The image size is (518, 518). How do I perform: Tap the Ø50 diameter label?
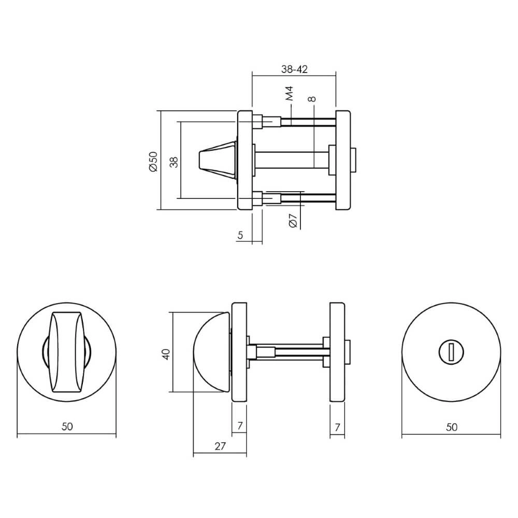(x=153, y=161)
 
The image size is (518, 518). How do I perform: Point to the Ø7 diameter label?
(x=292, y=221)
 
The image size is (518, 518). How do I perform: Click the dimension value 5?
(x=240, y=235)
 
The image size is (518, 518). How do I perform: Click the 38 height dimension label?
(x=174, y=162)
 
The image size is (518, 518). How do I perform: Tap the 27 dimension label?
(x=220, y=447)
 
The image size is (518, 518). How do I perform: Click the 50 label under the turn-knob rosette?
(x=67, y=427)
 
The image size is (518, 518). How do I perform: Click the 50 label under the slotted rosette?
(x=452, y=427)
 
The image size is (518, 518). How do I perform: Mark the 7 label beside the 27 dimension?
(x=240, y=427)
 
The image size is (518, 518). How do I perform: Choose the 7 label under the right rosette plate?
(x=337, y=427)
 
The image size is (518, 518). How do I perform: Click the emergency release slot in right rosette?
(x=451, y=353)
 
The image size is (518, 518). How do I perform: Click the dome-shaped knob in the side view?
(x=210, y=352)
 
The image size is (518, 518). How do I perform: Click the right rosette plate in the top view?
(x=343, y=160)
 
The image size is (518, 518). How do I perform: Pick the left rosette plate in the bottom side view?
(x=239, y=352)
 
